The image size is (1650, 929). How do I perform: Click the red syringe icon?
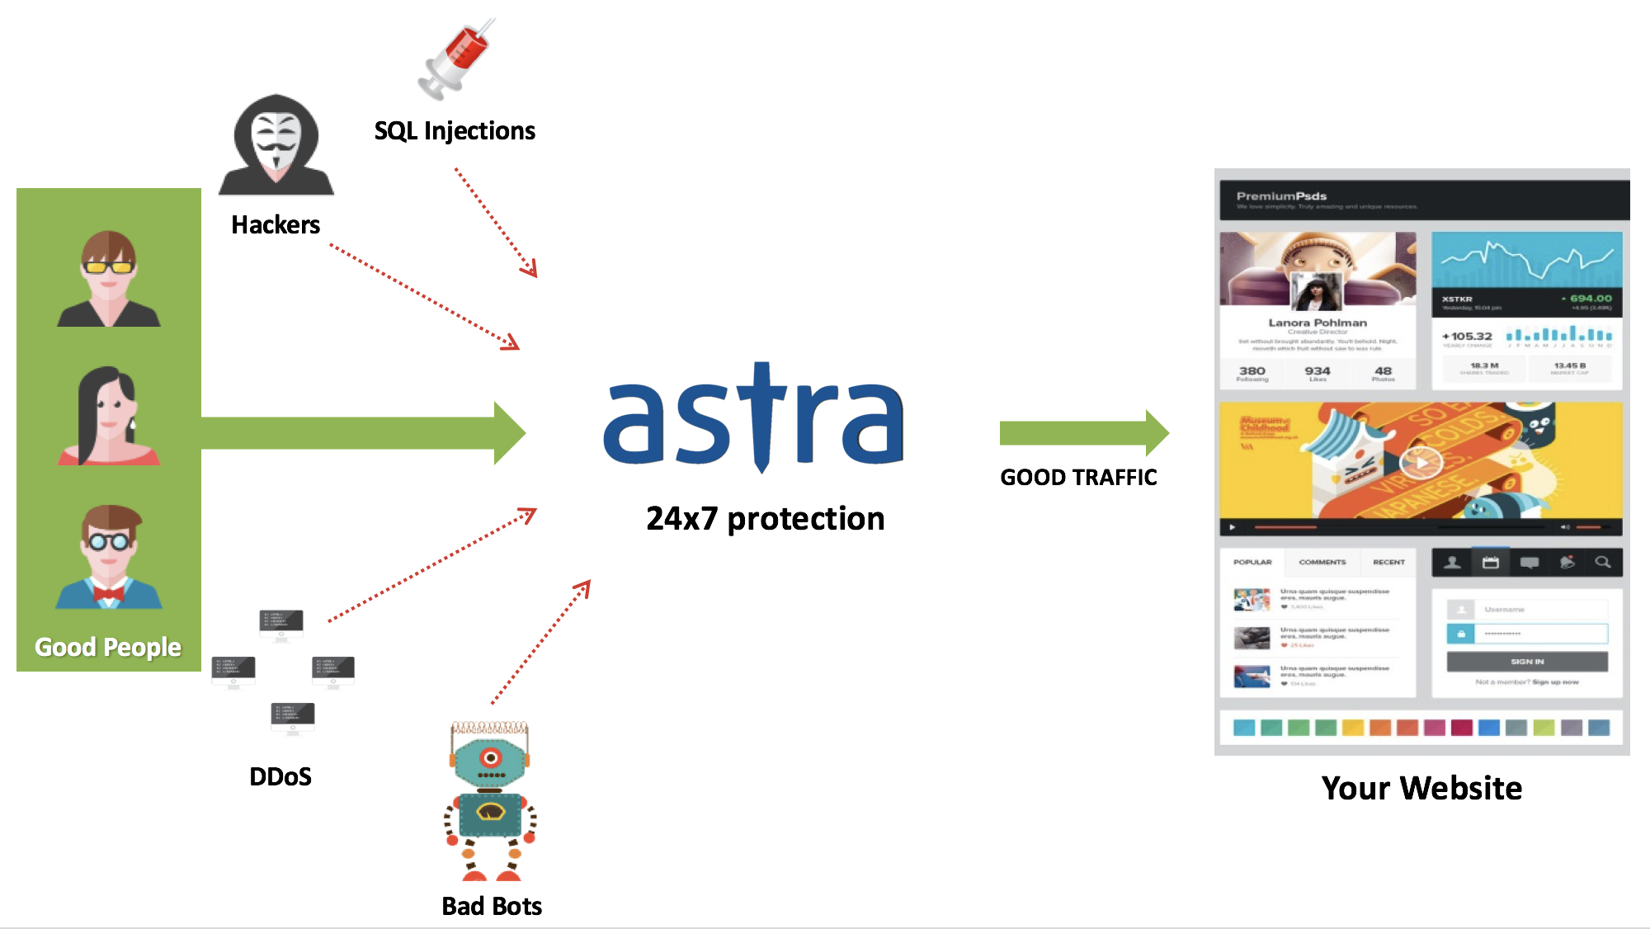pos(457,59)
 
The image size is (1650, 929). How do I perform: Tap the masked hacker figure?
pos(276,145)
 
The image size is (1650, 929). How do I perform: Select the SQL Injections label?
pos(455,130)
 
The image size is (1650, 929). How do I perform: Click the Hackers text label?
pos(276,224)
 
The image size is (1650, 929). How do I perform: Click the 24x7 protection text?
pos(765,518)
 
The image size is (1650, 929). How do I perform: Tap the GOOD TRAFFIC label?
pos(1078,477)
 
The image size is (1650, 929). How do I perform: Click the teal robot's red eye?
pos(491,757)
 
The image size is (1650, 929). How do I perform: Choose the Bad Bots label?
pos(492,906)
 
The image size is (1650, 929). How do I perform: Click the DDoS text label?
pos(280,776)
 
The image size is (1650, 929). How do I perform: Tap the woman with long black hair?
pos(109,416)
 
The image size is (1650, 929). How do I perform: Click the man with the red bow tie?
pos(109,557)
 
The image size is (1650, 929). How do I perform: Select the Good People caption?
pos(108,647)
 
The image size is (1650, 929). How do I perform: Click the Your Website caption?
pos(1421,788)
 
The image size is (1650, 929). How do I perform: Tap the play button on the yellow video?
pos(1421,463)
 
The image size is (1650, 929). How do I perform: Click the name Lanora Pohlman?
pos(1318,323)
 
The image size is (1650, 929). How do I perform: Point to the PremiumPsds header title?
pos(1281,196)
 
